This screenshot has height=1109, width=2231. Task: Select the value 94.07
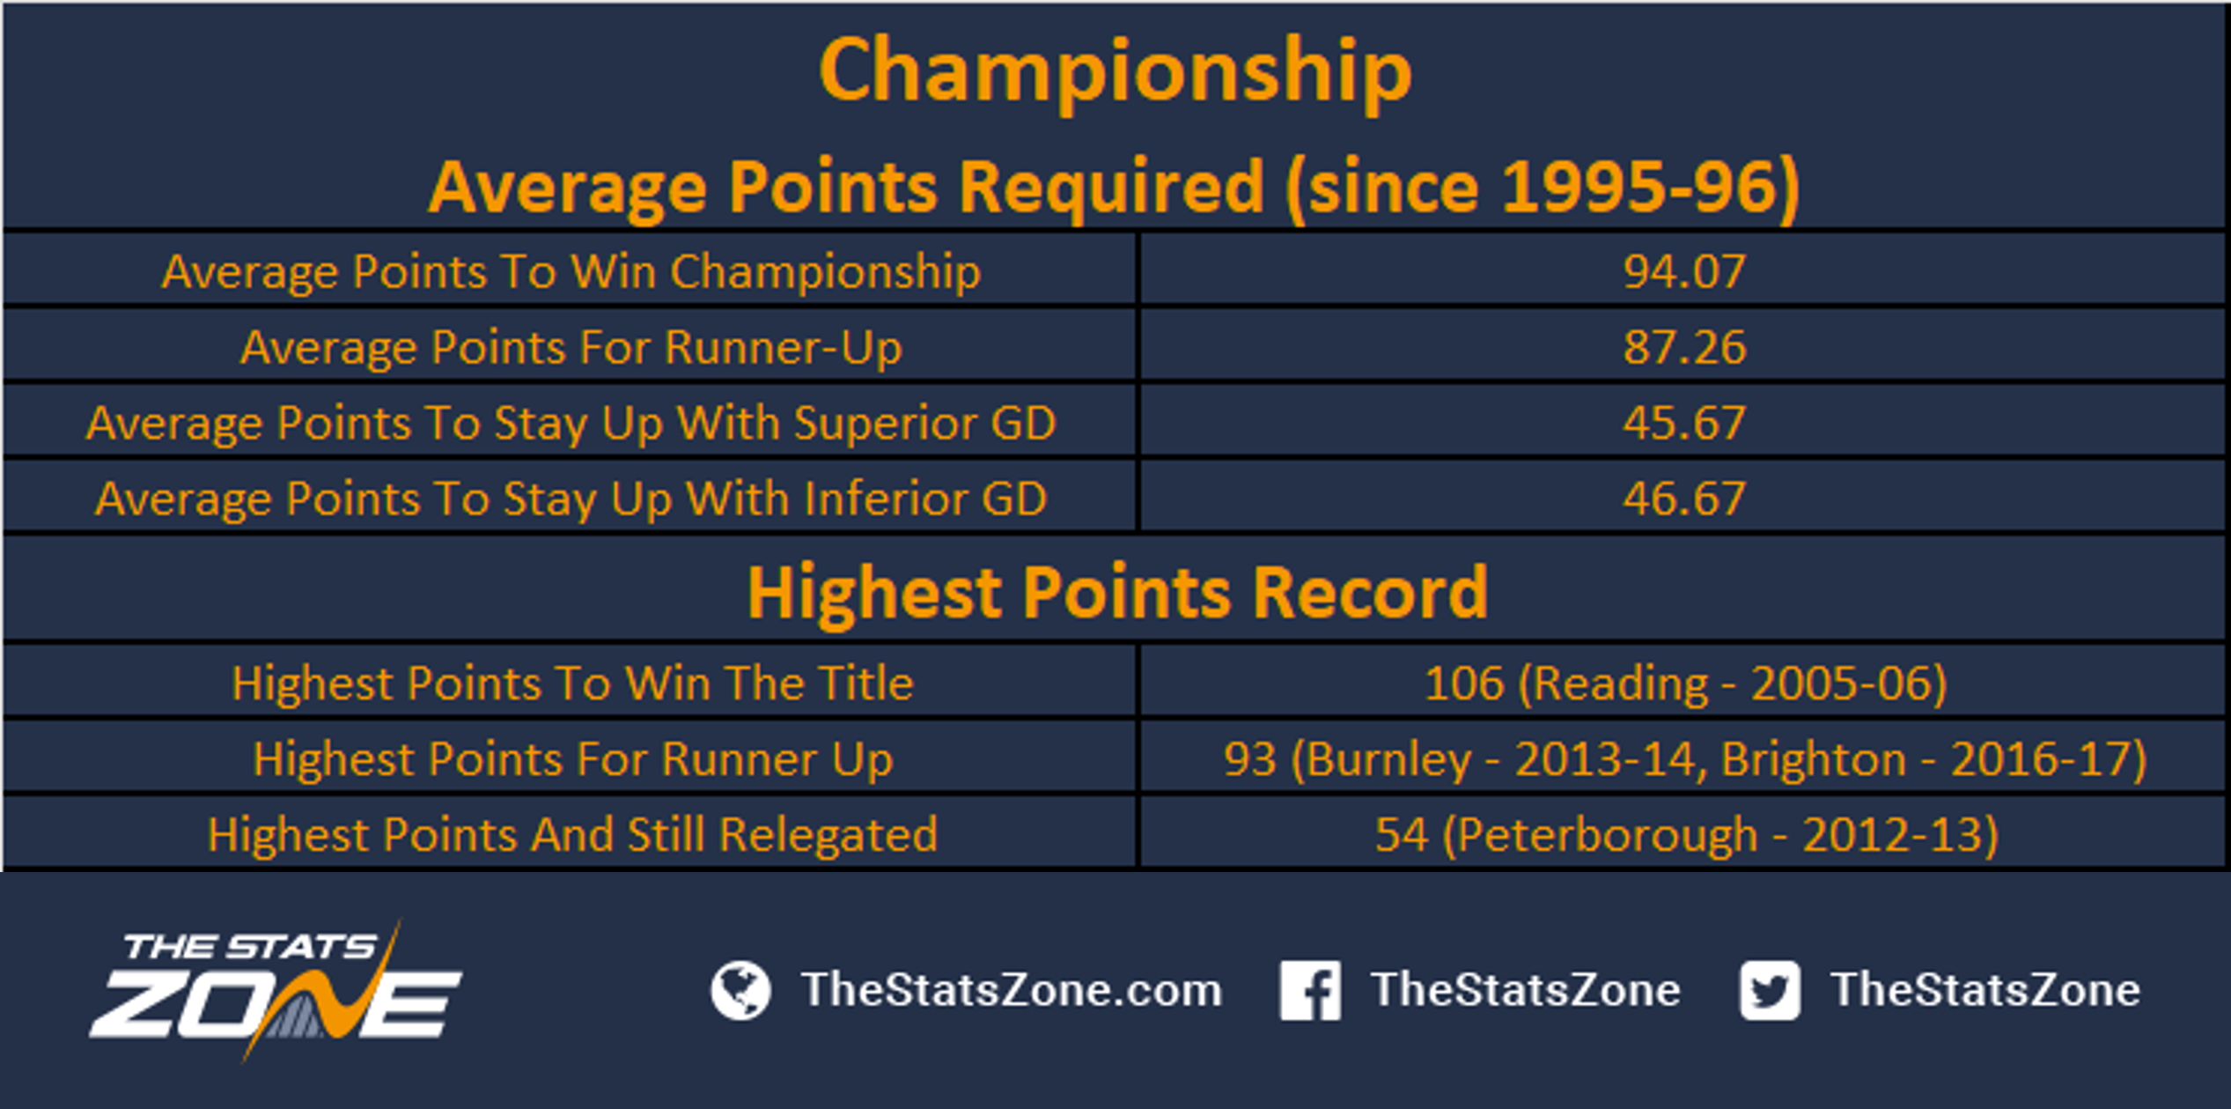coord(1684,271)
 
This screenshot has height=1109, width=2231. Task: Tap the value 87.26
coord(1684,347)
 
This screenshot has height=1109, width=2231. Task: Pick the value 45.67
coord(1684,423)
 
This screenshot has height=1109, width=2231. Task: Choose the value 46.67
coord(1684,499)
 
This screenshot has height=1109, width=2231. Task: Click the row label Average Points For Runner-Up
coord(571,348)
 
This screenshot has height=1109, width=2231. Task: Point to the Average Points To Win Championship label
coord(571,272)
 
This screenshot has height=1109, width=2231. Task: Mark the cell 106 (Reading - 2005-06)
coord(1685,684)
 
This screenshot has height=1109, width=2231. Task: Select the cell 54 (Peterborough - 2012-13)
coord(1686,835)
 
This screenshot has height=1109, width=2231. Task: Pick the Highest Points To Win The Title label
coord(572,684)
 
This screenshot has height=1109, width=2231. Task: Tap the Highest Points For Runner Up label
coord(572,760)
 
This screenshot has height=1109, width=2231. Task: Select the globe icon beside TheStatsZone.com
coord(740,991)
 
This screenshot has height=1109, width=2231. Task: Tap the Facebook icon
coord(1310,991)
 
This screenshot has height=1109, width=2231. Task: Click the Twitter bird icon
coord(1770,991)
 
